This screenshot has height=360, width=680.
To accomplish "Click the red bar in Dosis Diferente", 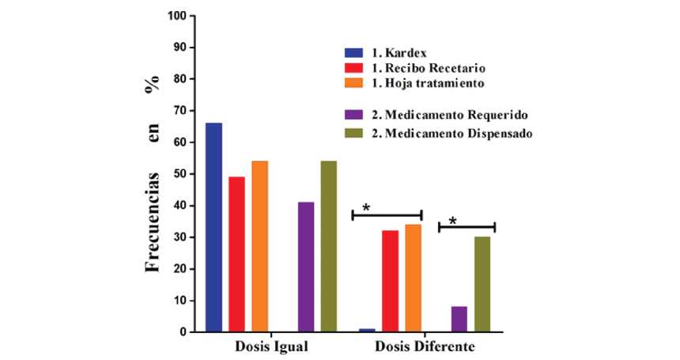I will click(x=391, y=282).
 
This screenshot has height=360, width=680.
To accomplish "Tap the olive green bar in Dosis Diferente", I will click(x=482, y=285).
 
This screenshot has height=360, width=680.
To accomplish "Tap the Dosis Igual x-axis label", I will click(x=271, y=347).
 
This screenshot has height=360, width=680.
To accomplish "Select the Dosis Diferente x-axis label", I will click(x=425, y=347).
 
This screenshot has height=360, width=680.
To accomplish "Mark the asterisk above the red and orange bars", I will click(x=366, y=208).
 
